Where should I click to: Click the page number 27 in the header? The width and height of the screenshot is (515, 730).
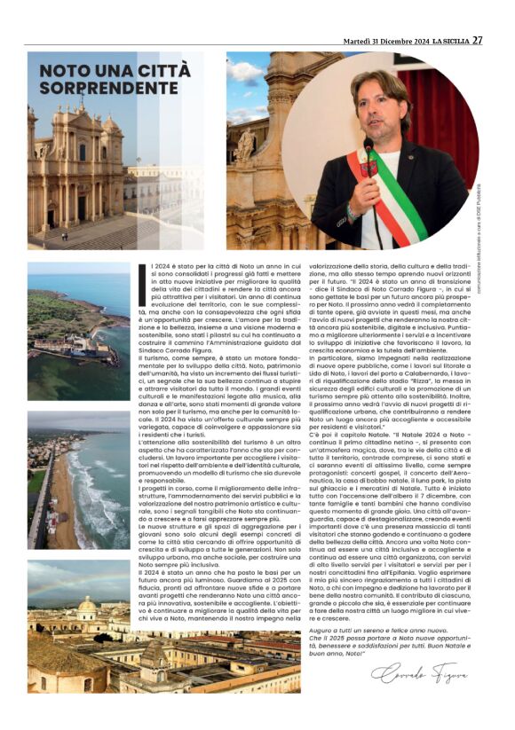pyautogui.click(x=477, y=40)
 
